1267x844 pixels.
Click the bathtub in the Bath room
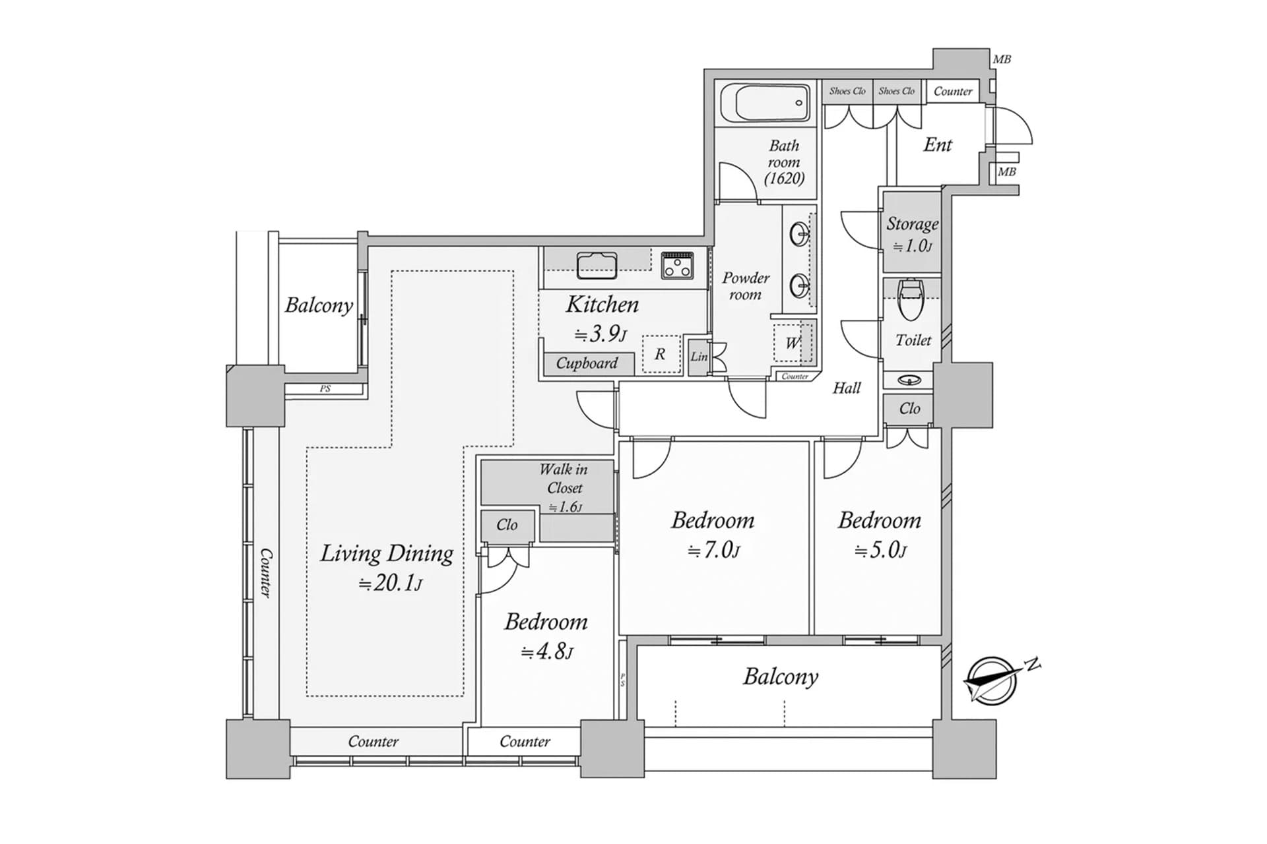click(765, 103)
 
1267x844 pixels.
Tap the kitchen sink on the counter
click(597, 265)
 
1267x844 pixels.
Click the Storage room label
click(912, 224)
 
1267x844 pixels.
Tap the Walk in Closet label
click(564, 479)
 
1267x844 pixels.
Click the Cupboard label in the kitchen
click(586, 363)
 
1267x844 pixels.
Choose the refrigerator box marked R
click(661, 355)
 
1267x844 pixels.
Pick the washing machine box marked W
click(792, 343)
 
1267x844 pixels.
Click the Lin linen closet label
click(699, 357)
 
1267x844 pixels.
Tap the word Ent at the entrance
click(938, 145)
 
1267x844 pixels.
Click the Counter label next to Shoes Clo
click(953, 92)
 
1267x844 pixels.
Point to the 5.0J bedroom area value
click(880, 549)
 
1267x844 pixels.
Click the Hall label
click(847, 388)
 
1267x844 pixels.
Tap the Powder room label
click(746, 286)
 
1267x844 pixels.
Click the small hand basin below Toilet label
click(911, 380)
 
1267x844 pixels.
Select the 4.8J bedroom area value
click(547, 651)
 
